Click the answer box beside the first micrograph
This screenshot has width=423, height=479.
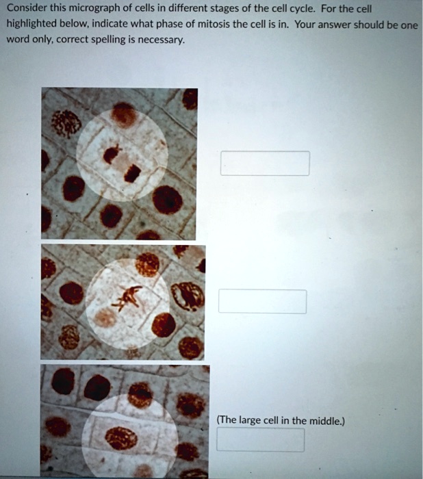264,164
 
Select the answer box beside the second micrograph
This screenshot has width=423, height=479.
262,301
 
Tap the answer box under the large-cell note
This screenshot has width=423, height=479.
260,439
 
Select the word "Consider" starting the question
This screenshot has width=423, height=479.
26,10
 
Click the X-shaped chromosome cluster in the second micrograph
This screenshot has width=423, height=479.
130,295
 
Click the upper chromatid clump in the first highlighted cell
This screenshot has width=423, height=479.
112,153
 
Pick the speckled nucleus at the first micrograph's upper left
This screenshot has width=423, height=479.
66,123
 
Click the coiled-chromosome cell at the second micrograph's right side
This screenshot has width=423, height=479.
188,296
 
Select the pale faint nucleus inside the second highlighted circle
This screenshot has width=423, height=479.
105,317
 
